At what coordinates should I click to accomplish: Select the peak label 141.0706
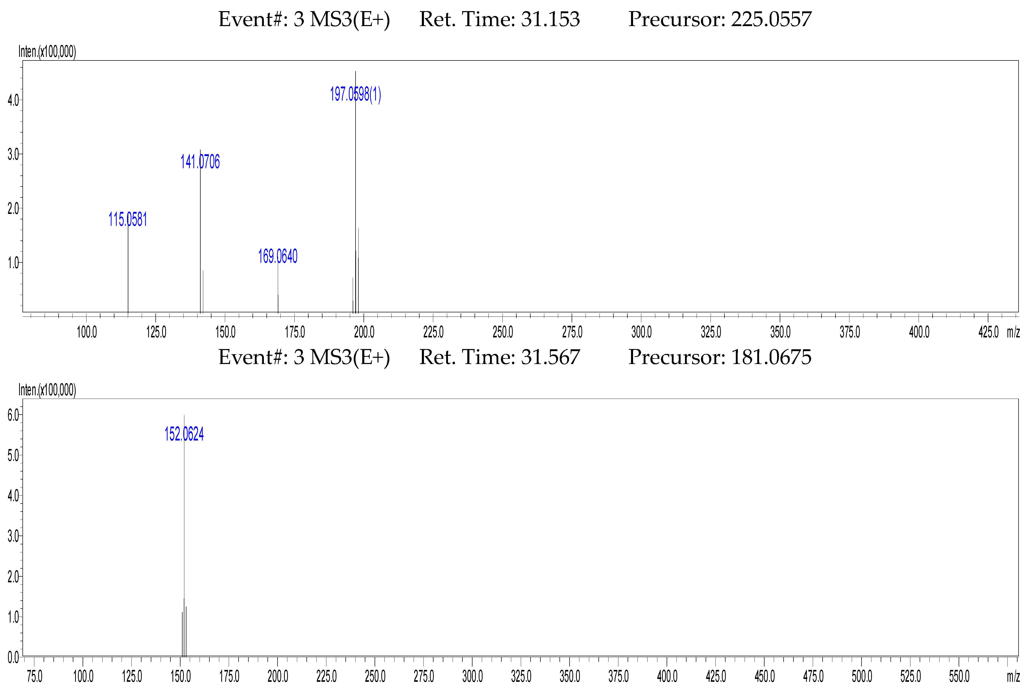200,161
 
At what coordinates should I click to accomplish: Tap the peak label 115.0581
128,219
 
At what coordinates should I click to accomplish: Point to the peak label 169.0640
278,256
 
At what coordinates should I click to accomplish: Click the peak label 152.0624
184,434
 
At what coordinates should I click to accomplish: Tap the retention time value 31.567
550,357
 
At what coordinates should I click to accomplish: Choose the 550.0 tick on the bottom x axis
959,676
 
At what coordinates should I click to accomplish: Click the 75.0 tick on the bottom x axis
35,676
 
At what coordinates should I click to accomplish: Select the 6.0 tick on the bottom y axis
13,415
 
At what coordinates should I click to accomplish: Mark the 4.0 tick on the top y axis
13,100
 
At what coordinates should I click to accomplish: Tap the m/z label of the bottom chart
1013,676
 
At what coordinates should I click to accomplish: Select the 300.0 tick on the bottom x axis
472,676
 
